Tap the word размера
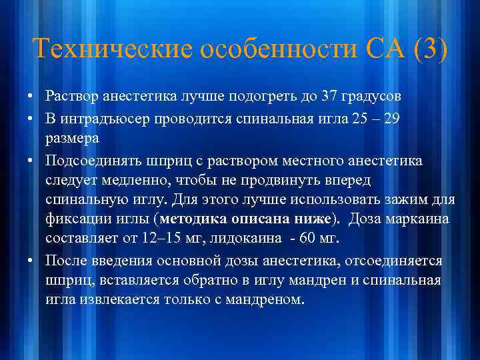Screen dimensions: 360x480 pyautogui.click(x=72, y=138)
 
